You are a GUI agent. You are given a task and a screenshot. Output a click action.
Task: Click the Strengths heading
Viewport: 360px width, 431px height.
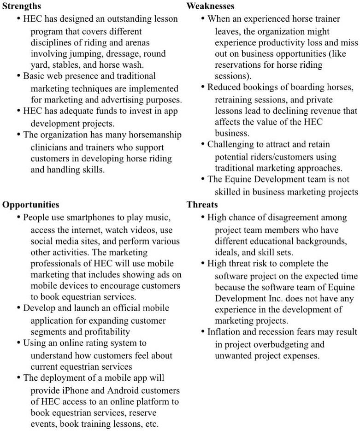22,6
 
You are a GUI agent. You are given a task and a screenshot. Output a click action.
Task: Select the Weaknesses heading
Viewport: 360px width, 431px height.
210,6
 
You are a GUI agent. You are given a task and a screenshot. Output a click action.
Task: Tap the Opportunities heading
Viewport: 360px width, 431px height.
30,205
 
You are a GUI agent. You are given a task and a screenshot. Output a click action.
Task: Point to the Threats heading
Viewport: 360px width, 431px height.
202,205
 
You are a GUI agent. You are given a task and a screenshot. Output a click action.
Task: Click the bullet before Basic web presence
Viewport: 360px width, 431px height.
18,76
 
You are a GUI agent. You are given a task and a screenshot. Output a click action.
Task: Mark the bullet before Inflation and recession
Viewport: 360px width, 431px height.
203,332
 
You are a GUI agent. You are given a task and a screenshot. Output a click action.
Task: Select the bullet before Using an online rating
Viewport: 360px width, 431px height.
18,343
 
